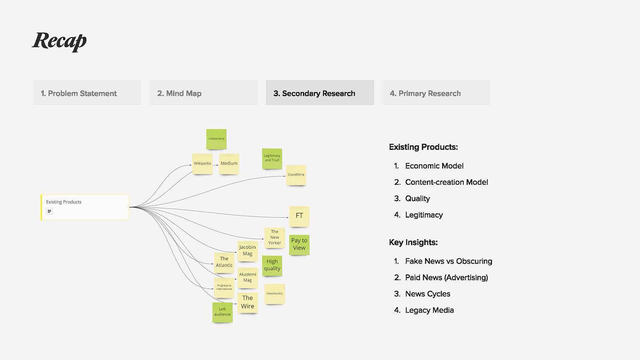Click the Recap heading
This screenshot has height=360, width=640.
[59, 41]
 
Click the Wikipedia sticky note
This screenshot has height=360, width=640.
[202, 163]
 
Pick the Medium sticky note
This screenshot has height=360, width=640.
[229, 163]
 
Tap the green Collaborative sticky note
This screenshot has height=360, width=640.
[216, 139]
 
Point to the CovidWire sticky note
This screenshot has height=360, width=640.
[296, 175]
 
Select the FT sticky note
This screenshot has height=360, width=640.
[299, 216]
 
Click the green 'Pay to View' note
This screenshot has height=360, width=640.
[299, 244]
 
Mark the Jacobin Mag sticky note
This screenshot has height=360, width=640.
[247, 250]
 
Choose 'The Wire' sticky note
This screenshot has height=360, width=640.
[247, 302]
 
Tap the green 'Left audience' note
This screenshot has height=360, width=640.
[222, 312]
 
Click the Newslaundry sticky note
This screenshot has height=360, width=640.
[275, 293]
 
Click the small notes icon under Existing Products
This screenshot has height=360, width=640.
[49, 212]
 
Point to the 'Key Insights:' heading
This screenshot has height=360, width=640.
[413, 242]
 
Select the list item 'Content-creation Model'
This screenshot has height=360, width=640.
[446, 182]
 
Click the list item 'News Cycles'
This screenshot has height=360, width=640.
[428, 294]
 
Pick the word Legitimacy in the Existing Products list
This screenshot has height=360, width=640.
[424, 215]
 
